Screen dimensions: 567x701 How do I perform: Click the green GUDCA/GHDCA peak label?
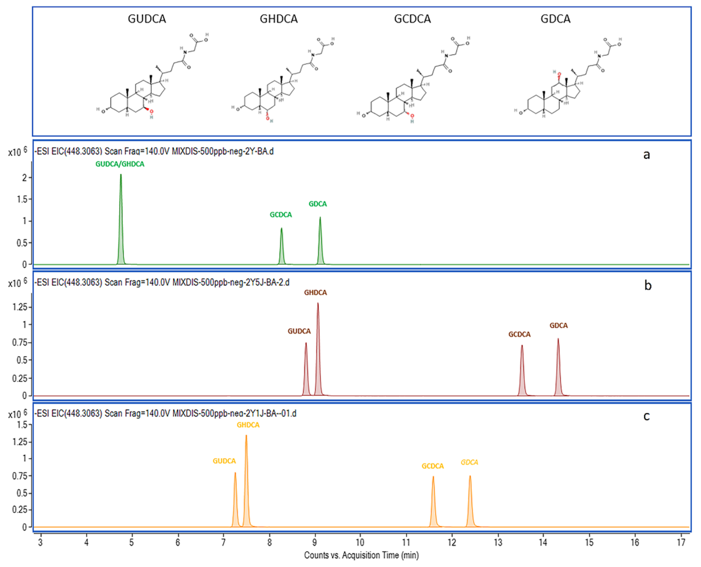[x=120, y=164]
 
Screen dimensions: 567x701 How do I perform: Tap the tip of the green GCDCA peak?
[x=282, y=229]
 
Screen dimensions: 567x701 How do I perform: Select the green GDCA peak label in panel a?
[x=317, y=204]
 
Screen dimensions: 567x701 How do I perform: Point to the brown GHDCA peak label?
[x=315, y=293]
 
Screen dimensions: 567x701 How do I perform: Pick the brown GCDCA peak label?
[x=519, y=334]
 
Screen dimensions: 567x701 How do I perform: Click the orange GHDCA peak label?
[x=248, y=425]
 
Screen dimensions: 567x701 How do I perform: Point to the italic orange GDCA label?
[x=469, y=462]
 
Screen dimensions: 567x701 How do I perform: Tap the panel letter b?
[x=648, y=286]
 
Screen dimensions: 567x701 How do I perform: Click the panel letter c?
[x=646, y=416]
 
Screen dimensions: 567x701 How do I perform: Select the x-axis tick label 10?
[x=360, y=542]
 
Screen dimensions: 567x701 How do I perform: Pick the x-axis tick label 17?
[x=681, y=542]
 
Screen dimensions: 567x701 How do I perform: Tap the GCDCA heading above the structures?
[x=412, y=19]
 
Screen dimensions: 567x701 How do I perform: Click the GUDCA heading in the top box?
[x=147, y=19]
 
